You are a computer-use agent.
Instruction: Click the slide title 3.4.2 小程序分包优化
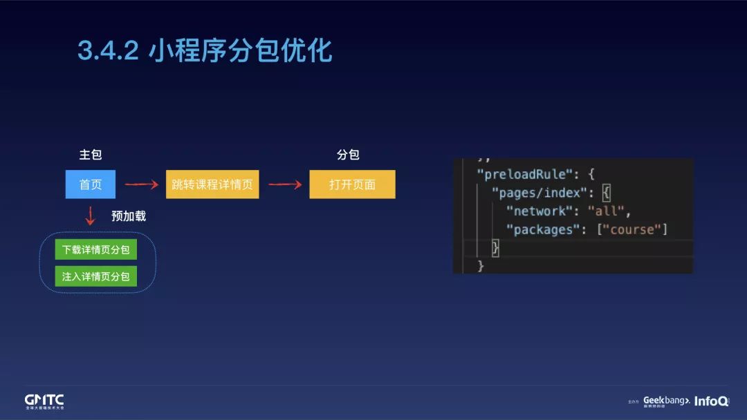(205, 50)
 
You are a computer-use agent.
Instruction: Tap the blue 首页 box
(91, 184)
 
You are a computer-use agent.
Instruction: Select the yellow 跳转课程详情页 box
(212, 184)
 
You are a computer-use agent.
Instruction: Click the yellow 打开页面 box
(352, 184)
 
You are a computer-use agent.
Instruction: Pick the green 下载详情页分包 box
(96, 249)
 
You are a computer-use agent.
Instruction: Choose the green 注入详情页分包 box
(96, 276)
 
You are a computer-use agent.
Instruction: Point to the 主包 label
(91, 155)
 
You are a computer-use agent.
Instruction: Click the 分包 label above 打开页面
(348, 155)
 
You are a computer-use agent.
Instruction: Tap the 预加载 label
(129, 216)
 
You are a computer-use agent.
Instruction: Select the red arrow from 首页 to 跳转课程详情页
(141, 184)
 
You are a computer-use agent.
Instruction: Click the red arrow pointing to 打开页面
(285, 184)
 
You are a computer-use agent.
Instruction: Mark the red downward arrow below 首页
(90, 216)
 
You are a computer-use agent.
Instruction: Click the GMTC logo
(44, 401)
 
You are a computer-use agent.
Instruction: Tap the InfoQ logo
(711, 401)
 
